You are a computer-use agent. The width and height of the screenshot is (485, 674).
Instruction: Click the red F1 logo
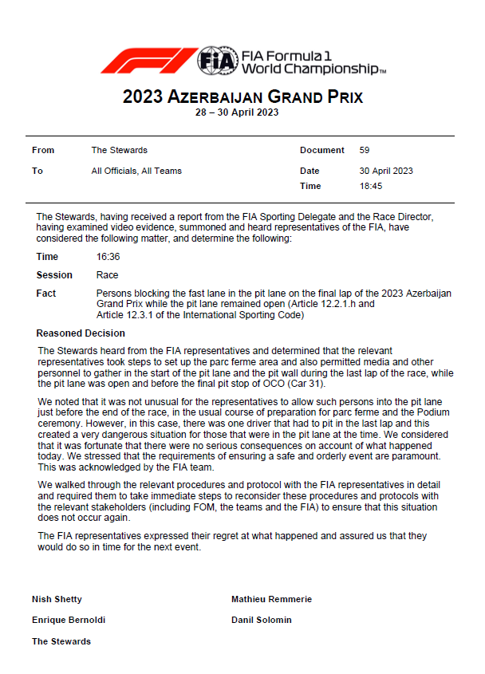148,61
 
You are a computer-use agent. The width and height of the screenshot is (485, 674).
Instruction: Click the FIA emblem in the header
217,61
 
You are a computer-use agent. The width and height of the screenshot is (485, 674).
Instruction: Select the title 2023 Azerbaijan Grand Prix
242,97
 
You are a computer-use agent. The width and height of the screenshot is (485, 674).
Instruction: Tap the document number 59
365,150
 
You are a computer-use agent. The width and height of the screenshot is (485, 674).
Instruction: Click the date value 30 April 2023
386,171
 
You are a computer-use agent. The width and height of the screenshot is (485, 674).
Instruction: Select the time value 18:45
371,186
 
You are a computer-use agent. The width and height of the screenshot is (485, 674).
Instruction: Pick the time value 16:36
107,257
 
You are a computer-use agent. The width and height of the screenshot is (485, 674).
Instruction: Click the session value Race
107,275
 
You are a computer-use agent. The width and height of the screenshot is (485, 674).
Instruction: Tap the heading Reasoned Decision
81,333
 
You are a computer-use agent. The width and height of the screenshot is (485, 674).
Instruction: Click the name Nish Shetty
57,599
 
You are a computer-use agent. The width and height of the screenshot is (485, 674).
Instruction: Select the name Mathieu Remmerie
271,599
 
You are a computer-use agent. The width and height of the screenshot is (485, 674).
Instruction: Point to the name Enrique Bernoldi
69,620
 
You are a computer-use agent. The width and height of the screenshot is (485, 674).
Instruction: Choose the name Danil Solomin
262,620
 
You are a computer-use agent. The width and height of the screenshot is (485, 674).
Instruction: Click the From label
43,150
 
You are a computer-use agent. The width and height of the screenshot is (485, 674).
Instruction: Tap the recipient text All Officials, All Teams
136,171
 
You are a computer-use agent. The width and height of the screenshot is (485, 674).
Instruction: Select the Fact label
46,294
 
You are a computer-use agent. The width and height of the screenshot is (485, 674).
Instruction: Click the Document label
322,150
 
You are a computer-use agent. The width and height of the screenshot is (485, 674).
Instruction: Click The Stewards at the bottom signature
61,641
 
